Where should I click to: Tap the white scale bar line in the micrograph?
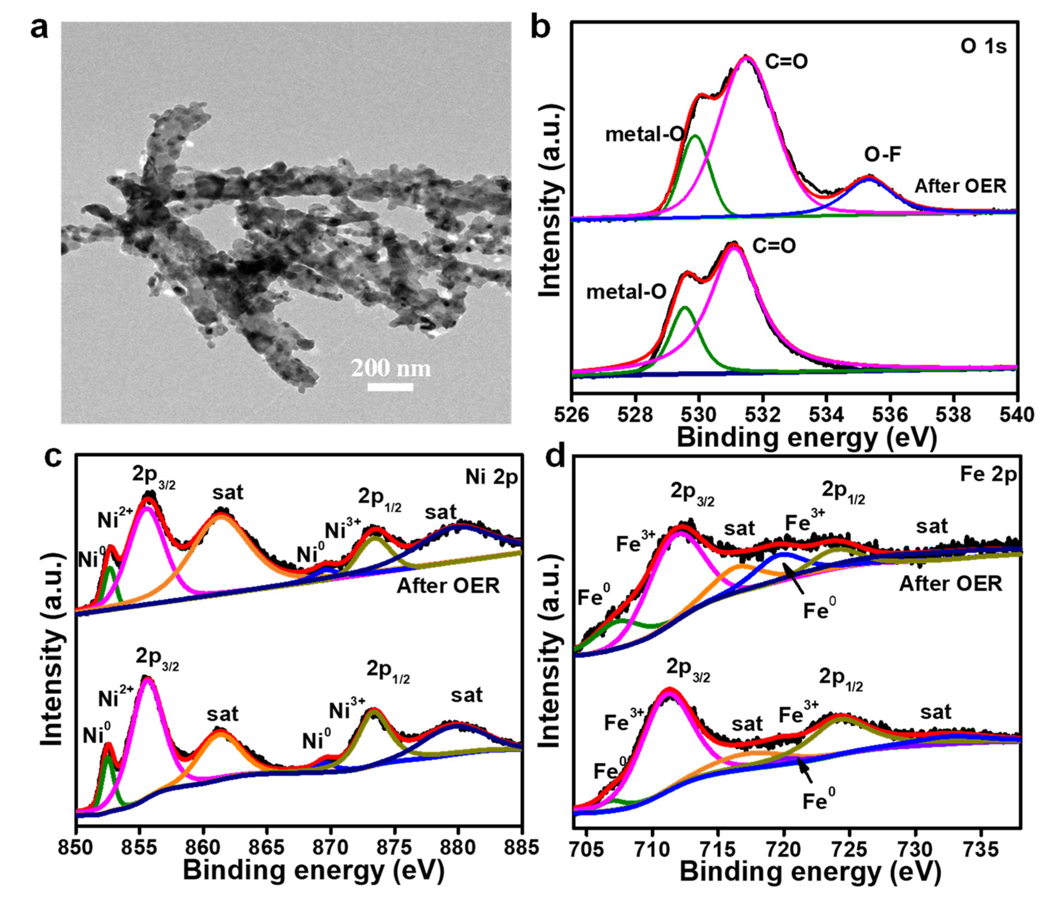tap(390, 387)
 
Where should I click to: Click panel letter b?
tap(542, 28)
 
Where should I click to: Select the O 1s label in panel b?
tap(982, 47)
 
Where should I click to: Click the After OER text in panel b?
tap(960, 186)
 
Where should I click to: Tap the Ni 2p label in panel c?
tap(491, 477)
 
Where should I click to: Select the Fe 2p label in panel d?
tap(988, 475)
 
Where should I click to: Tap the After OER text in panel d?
tap(950, 584)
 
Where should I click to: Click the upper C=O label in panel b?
tap(786, 62)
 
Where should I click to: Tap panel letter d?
tap(556, 457)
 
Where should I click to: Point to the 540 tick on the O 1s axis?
tap(1017, 415)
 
